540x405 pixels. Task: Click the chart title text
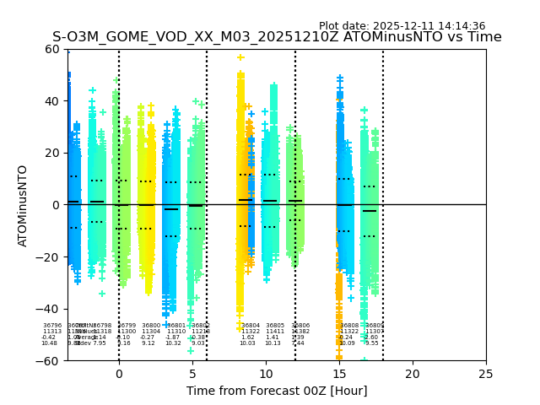coord(277,37)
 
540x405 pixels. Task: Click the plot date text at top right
coord(402,26)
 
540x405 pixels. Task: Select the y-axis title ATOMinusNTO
coord(23,205)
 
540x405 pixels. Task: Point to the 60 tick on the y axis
coord(52,49)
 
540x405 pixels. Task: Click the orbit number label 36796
coord(52,326)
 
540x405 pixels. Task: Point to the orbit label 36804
coord(251,326)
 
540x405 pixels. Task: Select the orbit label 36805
coord(275,326)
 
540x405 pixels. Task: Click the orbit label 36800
coord(151,326)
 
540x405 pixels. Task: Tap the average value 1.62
coord(247,337)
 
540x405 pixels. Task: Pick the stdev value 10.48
coord(50,343)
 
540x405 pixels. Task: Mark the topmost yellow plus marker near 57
coord(240,57)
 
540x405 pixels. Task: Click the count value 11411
coord(275,332)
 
